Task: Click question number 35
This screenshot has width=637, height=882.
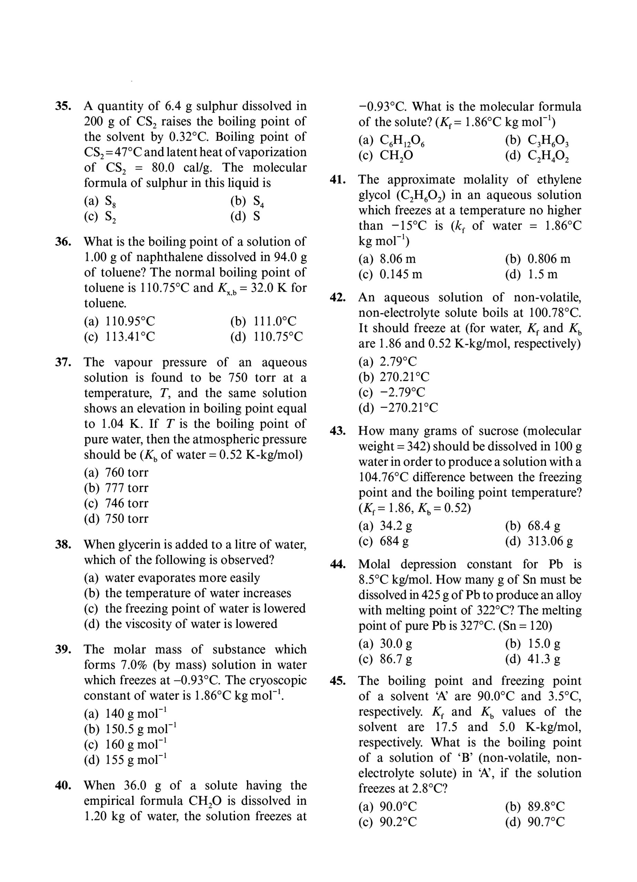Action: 63,106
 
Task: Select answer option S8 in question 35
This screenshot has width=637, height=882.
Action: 101,202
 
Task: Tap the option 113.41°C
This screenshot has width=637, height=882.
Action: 120,336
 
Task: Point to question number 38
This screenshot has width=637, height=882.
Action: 63,544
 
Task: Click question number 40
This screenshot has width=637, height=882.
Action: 63,785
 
